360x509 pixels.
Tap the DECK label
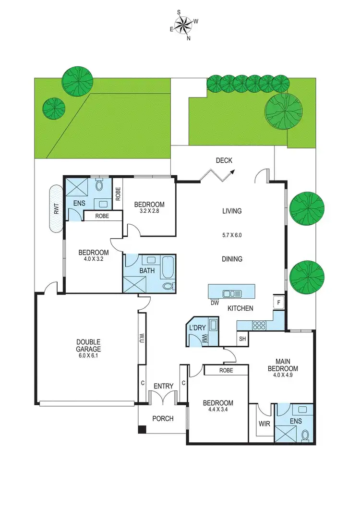point(224,161)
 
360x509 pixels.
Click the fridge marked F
point(278,303)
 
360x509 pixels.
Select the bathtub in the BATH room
point(168,268)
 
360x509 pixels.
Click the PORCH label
point(163,418)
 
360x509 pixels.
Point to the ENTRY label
point(163,386)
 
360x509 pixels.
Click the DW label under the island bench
point(214,303)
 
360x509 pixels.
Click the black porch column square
point(142,430)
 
